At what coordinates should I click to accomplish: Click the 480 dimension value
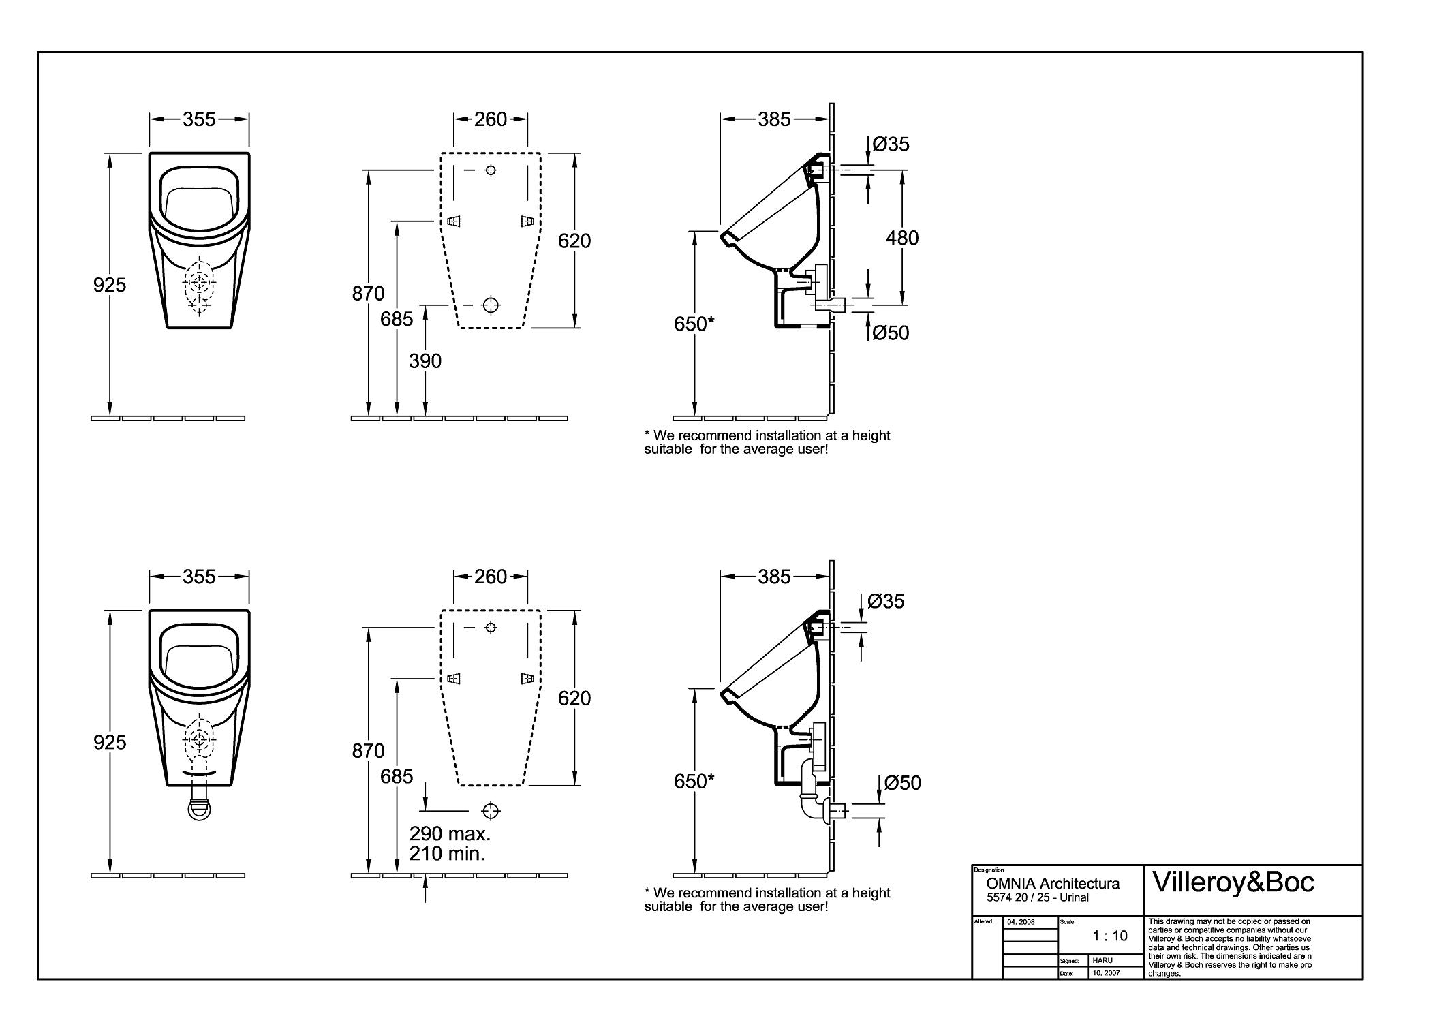(x=901, y=238)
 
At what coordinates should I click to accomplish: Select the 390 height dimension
(x=425, y=361)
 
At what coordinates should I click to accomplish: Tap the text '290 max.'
(x=450, y=833)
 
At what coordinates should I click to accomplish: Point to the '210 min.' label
(x=447, y=853)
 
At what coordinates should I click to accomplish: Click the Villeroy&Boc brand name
(x=1233, y=882)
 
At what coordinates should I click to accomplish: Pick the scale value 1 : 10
(x=1110, y=936)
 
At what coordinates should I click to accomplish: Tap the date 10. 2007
(x=1106, y=973)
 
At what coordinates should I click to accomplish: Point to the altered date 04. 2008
(x=1021, y=922)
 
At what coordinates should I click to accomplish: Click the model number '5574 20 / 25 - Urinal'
(x=1038, y=897)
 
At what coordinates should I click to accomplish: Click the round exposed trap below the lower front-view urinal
(x=199, y=810)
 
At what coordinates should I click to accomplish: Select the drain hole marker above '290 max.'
(x=491, y=810)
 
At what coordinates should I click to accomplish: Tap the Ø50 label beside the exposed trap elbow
(x=902, y=783)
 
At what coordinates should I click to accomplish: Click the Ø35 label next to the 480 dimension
(x=891, y=144)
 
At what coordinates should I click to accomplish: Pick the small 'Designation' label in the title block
(x=989, y=870)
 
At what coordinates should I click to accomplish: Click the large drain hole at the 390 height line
(x=491, y=305)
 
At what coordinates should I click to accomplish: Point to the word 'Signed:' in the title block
(x=1070, y=962)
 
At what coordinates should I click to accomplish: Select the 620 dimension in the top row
(x=574, y=241)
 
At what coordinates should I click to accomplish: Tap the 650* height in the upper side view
(x=694, y=324)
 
